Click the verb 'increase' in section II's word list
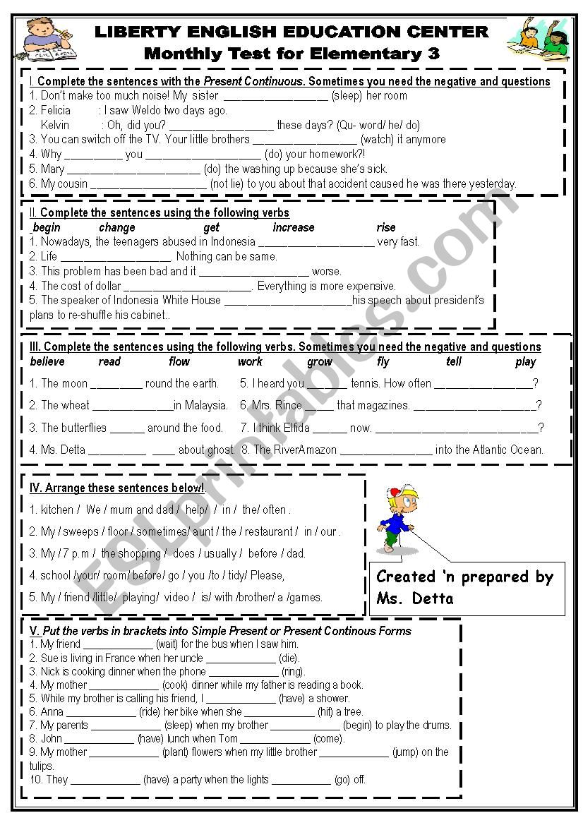(294, 227)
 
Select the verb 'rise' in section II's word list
(386, 227)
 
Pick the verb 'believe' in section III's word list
(47, 361)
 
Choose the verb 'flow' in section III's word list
(179, 361)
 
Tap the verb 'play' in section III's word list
(526, 361)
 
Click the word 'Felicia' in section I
(56, 110)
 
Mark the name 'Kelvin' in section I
(55, 125)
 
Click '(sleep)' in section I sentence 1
(347, 95)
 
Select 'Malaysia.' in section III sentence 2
(205, 405)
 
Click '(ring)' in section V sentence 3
(293, 671)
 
